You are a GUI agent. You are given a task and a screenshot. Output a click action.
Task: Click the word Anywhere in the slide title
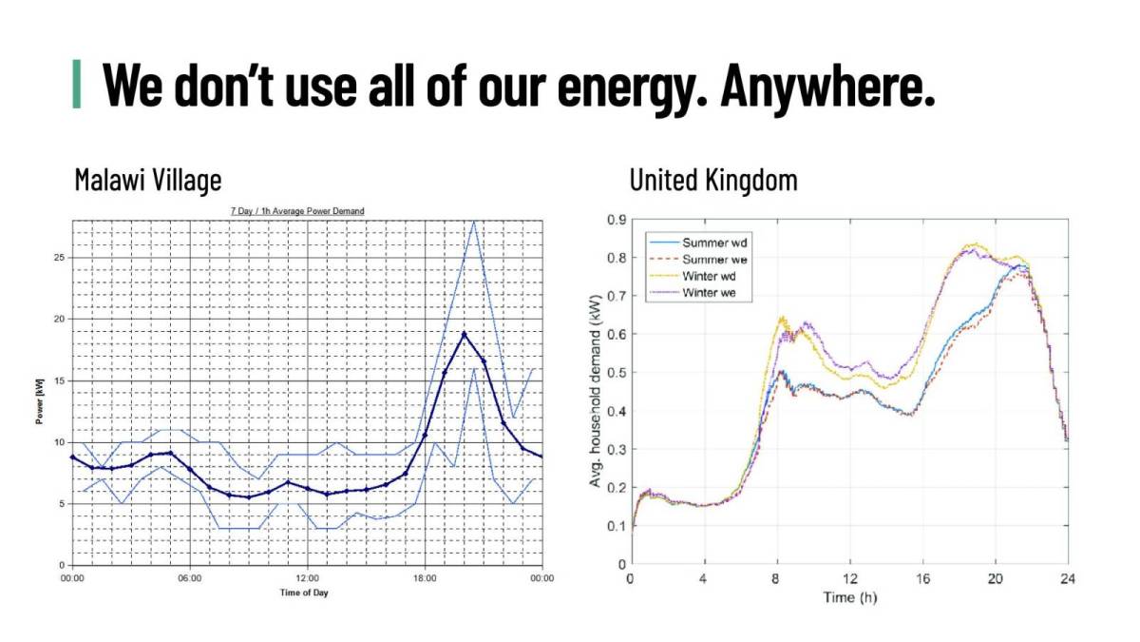[826, 85]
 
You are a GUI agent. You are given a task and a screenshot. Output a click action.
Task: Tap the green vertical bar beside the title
[77, 85]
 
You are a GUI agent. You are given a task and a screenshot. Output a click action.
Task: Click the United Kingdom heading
[713, 179]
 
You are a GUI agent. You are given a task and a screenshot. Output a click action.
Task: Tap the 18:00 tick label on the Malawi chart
[425, 577]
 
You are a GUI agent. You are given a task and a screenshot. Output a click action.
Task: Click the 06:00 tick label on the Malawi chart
[190, 577]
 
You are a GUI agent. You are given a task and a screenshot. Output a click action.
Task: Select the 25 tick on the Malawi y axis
[60, 258]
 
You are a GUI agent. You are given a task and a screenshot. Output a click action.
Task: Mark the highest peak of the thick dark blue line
[464, 334]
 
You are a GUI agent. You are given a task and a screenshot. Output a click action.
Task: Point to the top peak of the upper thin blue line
[473, 221]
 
